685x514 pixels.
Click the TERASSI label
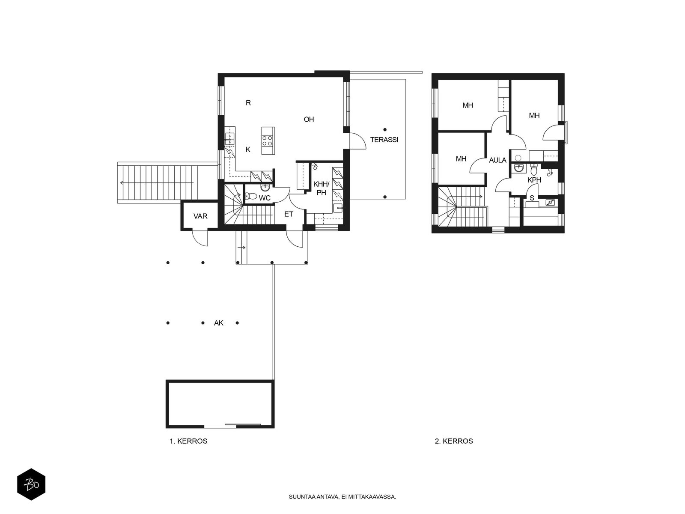pyautogui.click(x=384, y=140)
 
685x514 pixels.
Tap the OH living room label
pyautogui.click(x=309, y=120)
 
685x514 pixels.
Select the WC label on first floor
pyautogui.click(x=265, y=198)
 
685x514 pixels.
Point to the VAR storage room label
pyautogui.click(x=200, y=216)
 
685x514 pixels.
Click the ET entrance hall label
pyautogui.click(x=289, y=214)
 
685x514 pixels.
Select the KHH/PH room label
pyautogui.click(x=321, y=188)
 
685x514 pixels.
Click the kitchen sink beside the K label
pyautogui.click(x=230, y=138)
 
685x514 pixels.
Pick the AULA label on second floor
pyautogui.click(x=497, y=161)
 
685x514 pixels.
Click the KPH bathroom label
pyautogui.click(x=534, y=180)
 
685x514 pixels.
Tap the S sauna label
pyautogui.click(x=532, y=198)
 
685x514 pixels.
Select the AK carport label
pyautogui.click(x=219, y=323)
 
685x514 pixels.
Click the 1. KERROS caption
pyautogui.click(x=188, y=441)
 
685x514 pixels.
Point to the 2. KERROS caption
pyautogui.click(x=454, y=441)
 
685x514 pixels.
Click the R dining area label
pyautogui.click(x=248, y=103)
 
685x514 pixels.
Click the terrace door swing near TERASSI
pyautogui.click(x=358, y=141)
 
